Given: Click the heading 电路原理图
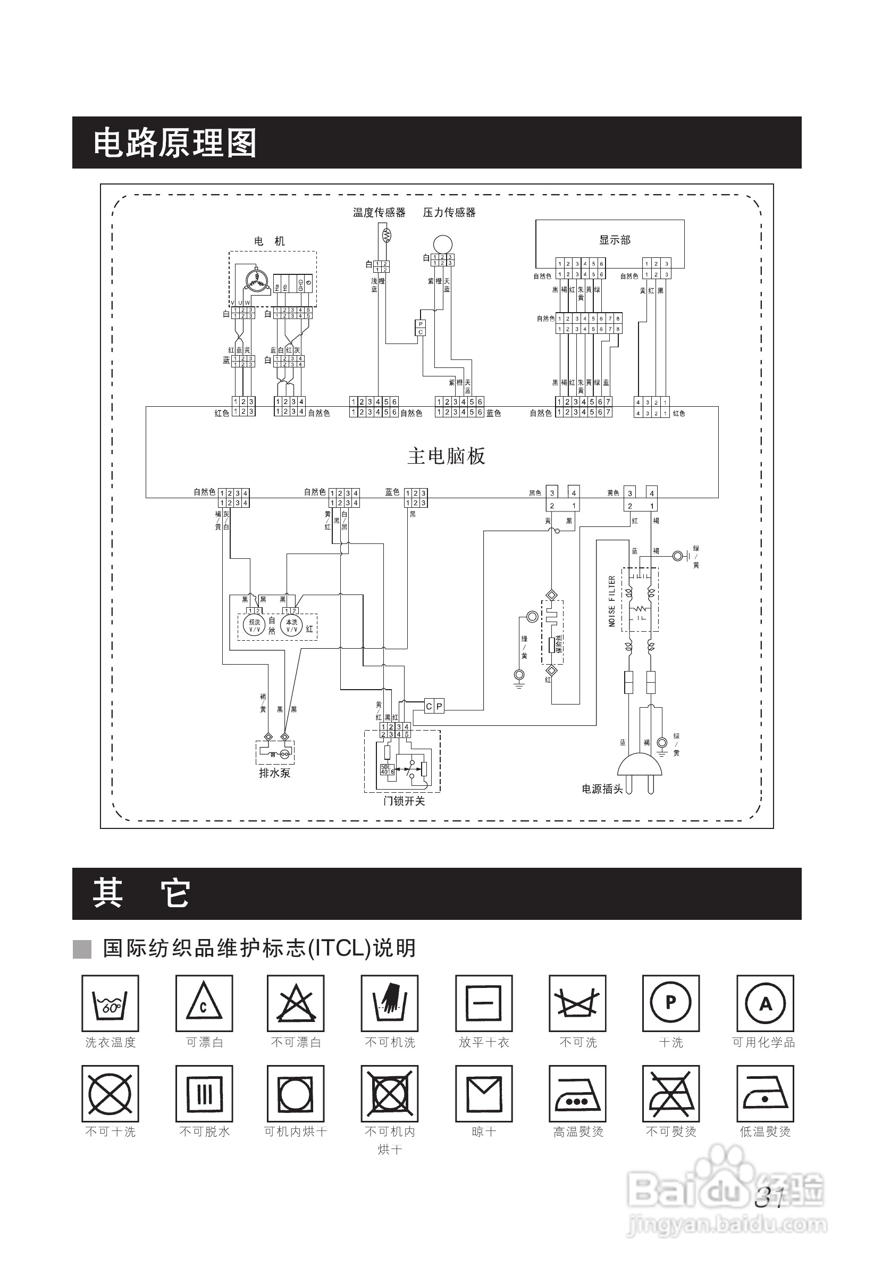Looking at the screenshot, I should tap(174, 143).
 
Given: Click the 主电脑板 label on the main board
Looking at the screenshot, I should tap(446, 456).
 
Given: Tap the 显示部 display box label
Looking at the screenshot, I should tap(615, 240).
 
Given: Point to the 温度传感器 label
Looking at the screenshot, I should tap(379, 212).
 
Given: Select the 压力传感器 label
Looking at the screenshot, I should tap(449, 212).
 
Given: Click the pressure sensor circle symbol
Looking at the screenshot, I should tap(443, 244).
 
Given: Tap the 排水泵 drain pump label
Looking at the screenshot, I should tap(275, 773).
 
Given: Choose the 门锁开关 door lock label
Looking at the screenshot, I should tap(404, 801).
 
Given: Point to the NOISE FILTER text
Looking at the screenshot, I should tap(612, 601).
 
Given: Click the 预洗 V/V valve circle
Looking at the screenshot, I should tap(254, 626).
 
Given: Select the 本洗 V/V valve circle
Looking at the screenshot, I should tap(291, 626).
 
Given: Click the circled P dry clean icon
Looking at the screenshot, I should tap(670, 1003).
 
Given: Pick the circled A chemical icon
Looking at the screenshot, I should tap(765, 1003).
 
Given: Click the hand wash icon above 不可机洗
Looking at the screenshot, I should tap(390, 1003).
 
